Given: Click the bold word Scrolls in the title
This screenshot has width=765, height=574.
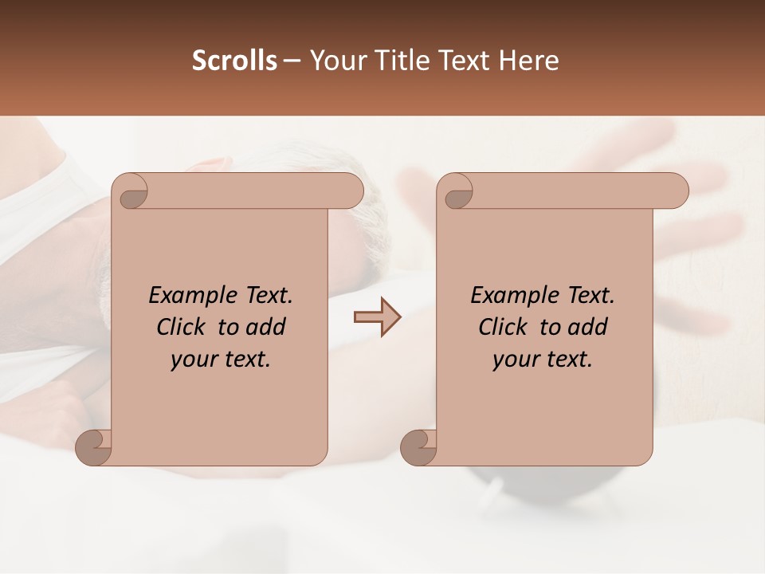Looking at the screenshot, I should pos(234,61).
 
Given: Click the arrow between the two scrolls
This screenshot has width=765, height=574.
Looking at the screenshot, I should pos(377,317).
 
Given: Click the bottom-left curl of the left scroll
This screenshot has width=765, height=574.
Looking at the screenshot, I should pos(92,446).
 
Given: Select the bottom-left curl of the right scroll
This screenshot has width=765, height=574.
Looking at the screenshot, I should pos(418,446).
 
